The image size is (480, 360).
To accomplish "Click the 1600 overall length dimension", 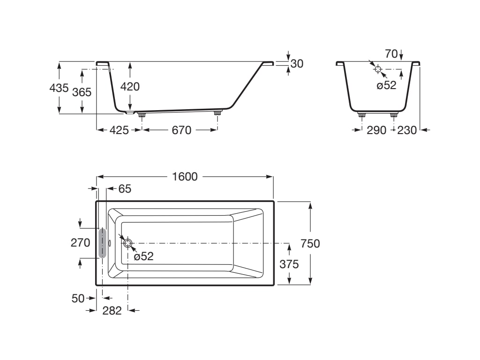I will pos(185,177).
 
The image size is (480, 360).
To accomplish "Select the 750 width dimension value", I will pos(310,243).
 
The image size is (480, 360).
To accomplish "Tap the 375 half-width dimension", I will pos(289,264).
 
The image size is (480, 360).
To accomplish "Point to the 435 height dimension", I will pos(59,88).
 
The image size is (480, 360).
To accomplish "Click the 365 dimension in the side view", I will pos(82,92).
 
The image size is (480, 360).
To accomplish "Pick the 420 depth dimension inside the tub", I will pos(130,86).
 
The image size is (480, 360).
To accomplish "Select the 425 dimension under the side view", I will pos(119,130).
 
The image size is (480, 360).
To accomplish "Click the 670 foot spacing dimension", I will pos(181,130).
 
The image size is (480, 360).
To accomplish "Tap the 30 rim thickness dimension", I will pos(297,63).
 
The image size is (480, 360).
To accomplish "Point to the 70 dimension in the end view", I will pos(391,54).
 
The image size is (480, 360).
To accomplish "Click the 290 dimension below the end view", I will pos(376,130).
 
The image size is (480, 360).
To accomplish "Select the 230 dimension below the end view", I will pos(407,130).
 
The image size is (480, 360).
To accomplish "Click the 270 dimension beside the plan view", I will pos(80,243).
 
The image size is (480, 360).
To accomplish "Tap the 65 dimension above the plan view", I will pos(125,189).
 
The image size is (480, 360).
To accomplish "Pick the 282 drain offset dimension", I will pos(112,310).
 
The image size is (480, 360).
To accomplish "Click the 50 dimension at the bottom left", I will pos(78,298).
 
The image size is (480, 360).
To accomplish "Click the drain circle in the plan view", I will pos(128,243).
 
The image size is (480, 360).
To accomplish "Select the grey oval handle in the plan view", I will pos(102,243).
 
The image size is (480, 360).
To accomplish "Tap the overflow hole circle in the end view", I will pos(378,69).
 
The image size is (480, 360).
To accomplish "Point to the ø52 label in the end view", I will pos(387,85).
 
